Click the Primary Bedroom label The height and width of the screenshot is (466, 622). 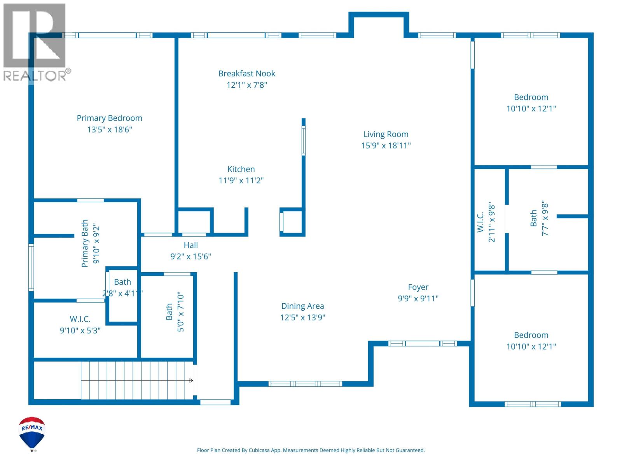(x=109, y=118)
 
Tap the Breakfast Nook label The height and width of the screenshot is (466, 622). (x=246, y=73)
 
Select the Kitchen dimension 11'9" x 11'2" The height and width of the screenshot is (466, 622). (x=241, y=180)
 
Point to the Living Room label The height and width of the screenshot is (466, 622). (x=386, y=134)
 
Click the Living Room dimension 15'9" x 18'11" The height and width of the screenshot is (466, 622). (x=386, y=145)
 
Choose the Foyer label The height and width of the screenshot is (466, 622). (x=418, y=287)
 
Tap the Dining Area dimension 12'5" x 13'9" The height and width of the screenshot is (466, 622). (x=302, y=317)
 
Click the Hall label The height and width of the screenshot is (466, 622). (x=191, y=245)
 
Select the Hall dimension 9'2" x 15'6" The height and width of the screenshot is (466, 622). (x=191, y=256)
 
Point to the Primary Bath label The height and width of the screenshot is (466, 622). (x=85, y=243)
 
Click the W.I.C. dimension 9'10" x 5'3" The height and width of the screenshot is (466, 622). (x=80, y=330)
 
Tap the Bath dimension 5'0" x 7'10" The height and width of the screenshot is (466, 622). (x=180, y=312)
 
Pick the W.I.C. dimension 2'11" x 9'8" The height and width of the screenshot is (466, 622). (x=491, y=222)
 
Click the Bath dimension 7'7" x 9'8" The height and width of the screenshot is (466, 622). (x=545, y=218)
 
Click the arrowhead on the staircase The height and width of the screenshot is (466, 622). (x=191, y=381)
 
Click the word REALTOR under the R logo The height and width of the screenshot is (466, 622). (x=35, y=76)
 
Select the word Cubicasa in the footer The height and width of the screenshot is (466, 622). (x=259, y=450)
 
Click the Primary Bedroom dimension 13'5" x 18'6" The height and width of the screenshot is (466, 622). (x=109, y=130)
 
